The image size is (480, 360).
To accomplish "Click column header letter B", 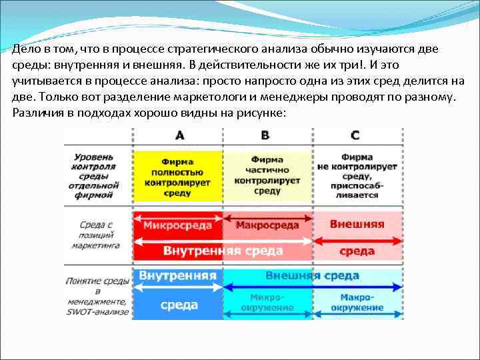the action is coord(265,136).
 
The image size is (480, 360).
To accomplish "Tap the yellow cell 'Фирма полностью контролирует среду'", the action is coord(177,177).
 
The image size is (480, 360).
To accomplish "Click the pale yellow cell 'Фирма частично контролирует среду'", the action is coord(267,175).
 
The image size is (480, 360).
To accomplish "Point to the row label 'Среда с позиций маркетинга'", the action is coord(93,235).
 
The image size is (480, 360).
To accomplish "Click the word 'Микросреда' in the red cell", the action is coord(177,225).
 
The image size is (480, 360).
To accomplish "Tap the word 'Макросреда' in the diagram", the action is coord(267,225).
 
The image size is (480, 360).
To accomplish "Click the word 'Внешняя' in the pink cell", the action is coord(357,224).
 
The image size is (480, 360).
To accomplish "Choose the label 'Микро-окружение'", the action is coord(267,303).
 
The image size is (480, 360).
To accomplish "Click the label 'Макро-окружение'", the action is coord(357,303).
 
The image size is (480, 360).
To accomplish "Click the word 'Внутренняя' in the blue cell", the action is coord(177,275).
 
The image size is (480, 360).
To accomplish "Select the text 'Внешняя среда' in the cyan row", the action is coord(312,275).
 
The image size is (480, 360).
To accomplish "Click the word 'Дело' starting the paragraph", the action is coord(26,49).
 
